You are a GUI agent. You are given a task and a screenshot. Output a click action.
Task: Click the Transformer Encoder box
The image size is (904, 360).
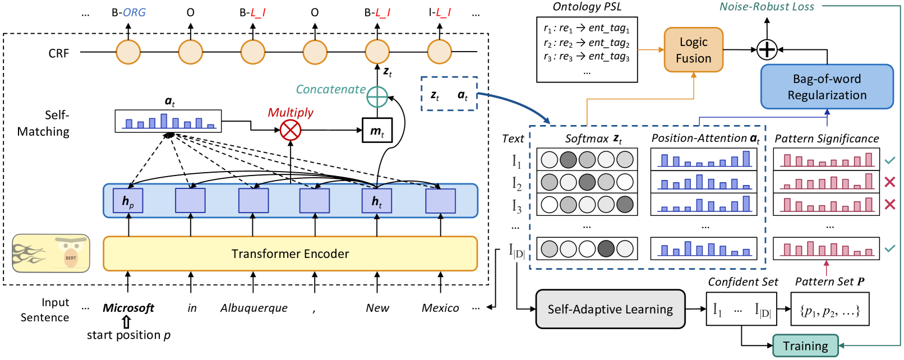click(x=290, y=253)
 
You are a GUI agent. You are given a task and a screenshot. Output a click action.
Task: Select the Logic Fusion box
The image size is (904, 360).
click(x=693, y=50)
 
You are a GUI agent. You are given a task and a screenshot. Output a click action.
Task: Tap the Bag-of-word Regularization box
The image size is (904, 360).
click(x=827, y=87)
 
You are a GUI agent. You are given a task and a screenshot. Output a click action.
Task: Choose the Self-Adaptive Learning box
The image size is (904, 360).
click(x=610, y=309)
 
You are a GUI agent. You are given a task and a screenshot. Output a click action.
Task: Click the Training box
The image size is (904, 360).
click(x=805, y=346)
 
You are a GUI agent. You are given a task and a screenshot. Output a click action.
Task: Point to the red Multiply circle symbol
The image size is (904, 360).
click(x=290, y=130)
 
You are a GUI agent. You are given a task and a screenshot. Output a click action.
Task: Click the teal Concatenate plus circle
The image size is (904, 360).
click(x=377, y=97)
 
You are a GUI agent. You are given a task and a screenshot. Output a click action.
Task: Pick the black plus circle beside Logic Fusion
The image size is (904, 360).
click(x=767, y=49)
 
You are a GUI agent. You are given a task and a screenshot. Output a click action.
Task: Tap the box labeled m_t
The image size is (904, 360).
click(x=377, y=131)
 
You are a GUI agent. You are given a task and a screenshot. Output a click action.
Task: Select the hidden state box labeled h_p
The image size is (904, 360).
click(x=128, y=201)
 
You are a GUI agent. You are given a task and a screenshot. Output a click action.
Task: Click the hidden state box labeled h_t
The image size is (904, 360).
click(x=377, y=201)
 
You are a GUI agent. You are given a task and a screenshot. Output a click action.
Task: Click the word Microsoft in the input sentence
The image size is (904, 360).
click(x=128, y=308)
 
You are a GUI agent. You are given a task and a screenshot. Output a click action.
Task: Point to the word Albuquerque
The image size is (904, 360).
click(x=253, y=308)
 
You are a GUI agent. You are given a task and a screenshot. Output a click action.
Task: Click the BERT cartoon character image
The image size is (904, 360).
click(x=51, y=253)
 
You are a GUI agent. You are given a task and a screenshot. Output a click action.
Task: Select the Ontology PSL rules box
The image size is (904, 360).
click(x=587, y=50)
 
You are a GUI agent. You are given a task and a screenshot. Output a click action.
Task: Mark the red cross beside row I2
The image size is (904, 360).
click(x=889, y=182)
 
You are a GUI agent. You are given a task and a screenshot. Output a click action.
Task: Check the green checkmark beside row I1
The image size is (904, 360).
click(x=889, y=160)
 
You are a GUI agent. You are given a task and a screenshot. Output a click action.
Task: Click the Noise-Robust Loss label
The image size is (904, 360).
click(x=767, y=7)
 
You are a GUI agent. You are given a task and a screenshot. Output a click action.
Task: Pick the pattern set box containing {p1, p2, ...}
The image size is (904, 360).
click(x=829, y=309)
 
